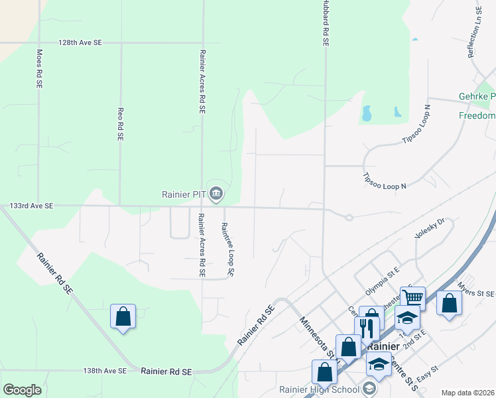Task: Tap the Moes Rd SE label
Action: (x=39, y=69)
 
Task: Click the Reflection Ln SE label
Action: (x=475, y=33)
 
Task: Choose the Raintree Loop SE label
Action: (x=227, y=249)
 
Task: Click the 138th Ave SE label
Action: (x=107, y=372)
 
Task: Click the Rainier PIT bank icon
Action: (x=216, y=194)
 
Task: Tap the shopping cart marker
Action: (x=412, y=298)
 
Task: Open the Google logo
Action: (x=22, y=390)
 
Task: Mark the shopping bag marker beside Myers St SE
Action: (x=449, y=303)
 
